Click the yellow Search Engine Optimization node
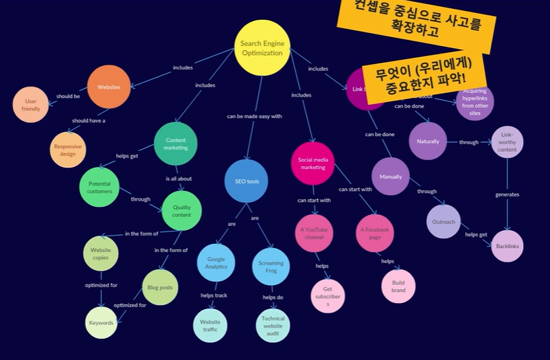point(262,48)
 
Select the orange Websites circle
point(108,87)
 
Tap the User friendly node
point(31,104)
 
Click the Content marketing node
point(176,143)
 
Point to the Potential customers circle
point(100,188)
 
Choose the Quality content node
point(182,211)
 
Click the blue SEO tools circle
point(247,181)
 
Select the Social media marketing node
point(312,163)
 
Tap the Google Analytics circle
point(216,262)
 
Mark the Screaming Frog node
point(271,267)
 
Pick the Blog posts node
point(161,287)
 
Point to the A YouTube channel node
point(314,233)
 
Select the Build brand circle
point(398,286)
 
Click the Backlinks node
point(507,246)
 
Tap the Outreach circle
point(444,222)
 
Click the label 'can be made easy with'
point(254,116)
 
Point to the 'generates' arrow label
point(507,194)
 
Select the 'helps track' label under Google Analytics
point(214,295)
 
